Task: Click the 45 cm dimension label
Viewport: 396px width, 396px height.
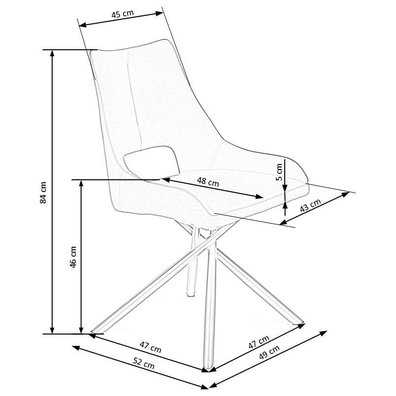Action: [122, 14]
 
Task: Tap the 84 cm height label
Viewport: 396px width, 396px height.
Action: [43, 193]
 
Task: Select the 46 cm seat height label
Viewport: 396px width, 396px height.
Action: [73, 257]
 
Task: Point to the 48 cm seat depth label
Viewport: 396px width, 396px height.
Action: [207, 182]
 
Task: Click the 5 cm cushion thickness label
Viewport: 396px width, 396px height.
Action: [279, 172]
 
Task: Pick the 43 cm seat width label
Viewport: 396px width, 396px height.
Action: [310, 205]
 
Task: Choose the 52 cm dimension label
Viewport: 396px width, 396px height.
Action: [143, 363]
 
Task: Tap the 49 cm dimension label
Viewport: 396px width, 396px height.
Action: [269, 352]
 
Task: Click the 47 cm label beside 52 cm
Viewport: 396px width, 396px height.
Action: [150, 347]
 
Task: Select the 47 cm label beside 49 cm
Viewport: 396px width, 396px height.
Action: [259, 342]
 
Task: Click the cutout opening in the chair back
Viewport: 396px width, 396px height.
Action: [151, 162]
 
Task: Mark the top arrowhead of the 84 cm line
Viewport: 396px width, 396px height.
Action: [52, 53]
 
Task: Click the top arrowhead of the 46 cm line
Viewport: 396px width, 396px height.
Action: [81, 183]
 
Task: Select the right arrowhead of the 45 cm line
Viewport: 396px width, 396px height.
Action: [160, 13]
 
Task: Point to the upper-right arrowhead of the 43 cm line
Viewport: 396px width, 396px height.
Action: [346, 194]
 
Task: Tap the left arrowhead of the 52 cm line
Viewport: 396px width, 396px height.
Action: [76, 348]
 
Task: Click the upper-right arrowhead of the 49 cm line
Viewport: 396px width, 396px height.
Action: [324, 333]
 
